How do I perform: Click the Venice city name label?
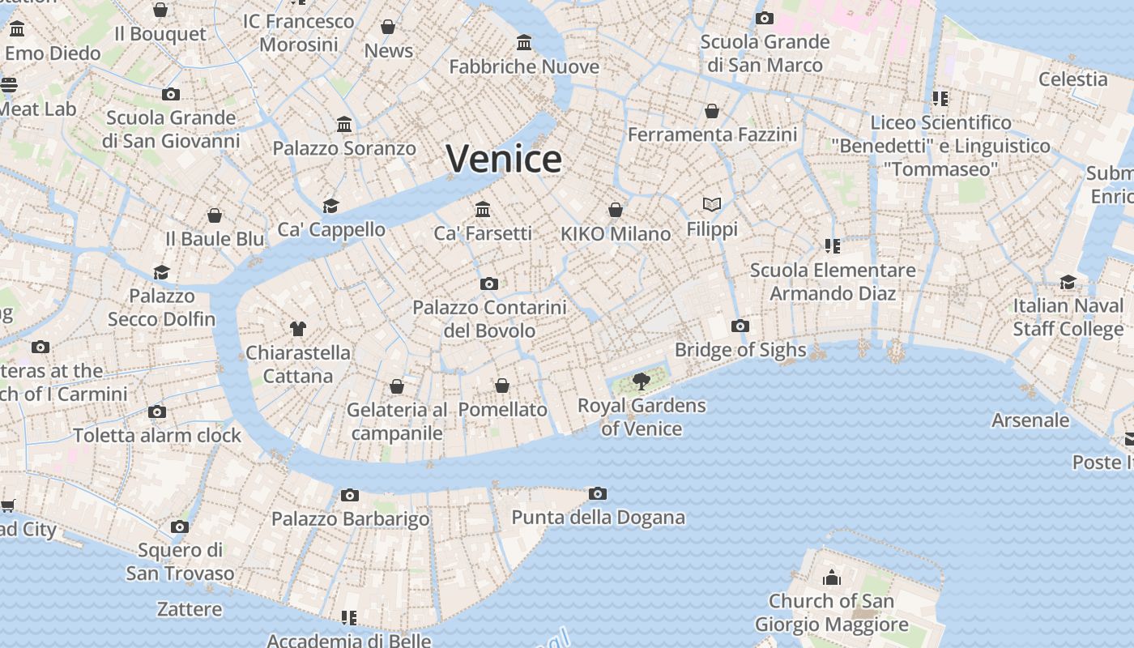click(503, 159)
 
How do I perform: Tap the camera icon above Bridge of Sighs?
click(740, 326)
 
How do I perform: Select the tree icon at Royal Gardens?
click(642, 381)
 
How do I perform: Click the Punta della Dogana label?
click(598, 517)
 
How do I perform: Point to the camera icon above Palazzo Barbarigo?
click(350, 495)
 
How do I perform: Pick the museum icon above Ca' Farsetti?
click(483, 209)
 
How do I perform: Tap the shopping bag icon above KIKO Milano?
click(616, 210)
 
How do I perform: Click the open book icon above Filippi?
click(712, 205)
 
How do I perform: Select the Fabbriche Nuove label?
click(524, 66)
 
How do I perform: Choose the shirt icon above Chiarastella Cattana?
click(298, 328)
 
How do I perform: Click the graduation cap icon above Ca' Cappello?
click(330, 206)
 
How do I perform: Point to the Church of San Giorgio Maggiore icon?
click(831, 578)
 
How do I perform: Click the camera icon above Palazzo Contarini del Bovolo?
click(488, 283)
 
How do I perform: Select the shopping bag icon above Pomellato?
click(502, 386)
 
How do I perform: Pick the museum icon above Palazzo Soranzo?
click(344, 125)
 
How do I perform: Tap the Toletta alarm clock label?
click(157, 435)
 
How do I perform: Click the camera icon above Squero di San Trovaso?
click(180, 527)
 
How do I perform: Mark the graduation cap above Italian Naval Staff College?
click(1068, 282)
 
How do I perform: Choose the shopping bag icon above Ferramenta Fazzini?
click(712, 111)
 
